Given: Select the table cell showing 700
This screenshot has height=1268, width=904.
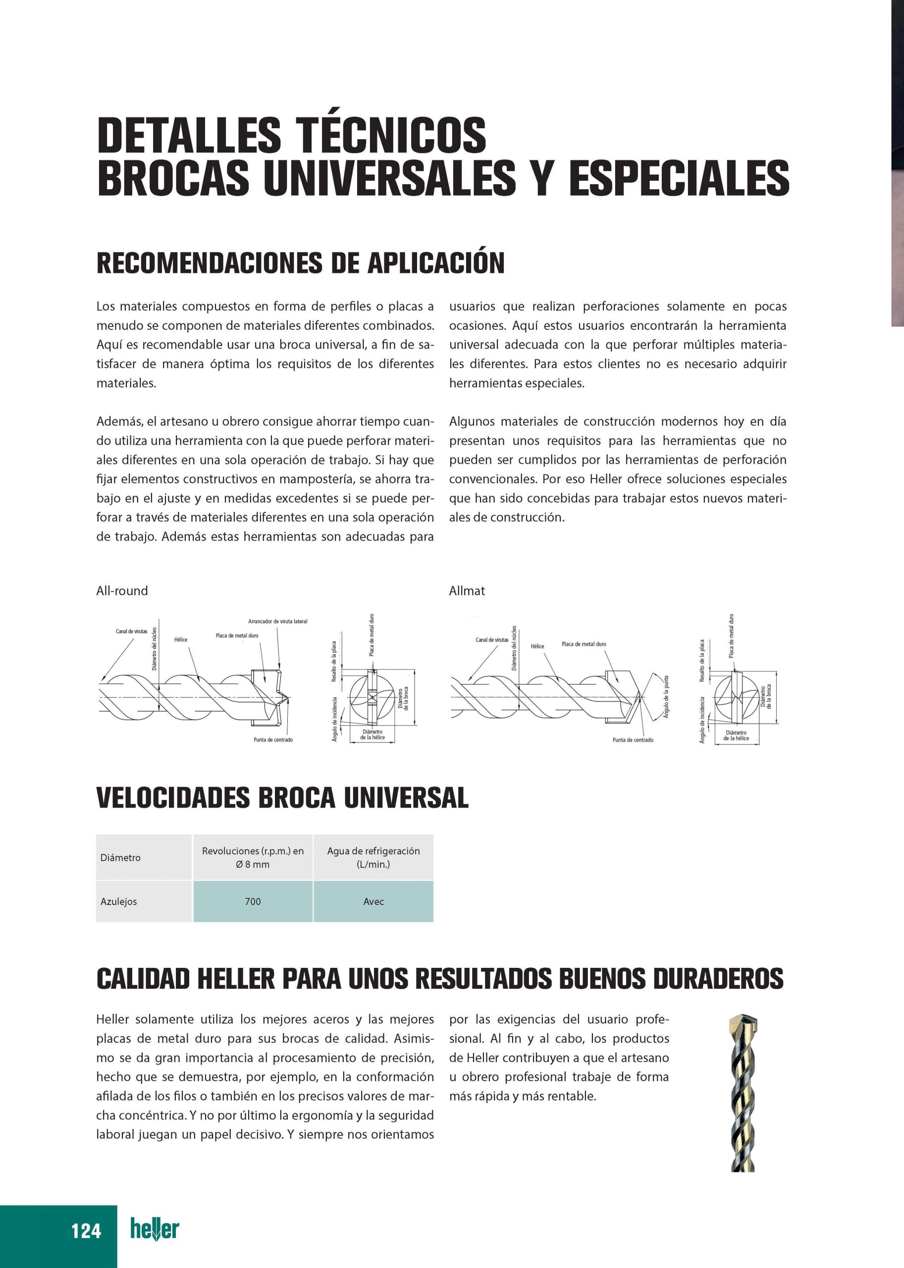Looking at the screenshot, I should coord(253,901).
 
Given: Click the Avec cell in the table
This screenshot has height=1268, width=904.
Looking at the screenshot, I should coord(373,901).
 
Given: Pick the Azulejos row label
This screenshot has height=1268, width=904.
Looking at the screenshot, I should coord(118,901).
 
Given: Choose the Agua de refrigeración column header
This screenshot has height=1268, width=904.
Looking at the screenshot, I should coord(373,857).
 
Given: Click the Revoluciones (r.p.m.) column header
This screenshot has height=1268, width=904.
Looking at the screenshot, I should coord(253,857).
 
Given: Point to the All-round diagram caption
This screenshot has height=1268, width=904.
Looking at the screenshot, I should coord(122,590).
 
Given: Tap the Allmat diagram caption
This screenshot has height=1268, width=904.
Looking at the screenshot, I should coord(467,590).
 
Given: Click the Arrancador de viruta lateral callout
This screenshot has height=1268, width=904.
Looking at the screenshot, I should coord(277,621).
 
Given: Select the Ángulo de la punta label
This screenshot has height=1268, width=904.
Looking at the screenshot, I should coord(666,697).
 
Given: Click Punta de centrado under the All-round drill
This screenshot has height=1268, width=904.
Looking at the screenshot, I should coord(273,740).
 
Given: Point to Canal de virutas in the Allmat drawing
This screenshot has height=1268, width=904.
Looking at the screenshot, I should coord(491,639).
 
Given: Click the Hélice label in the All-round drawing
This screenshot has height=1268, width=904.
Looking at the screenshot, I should coord(180,639).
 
